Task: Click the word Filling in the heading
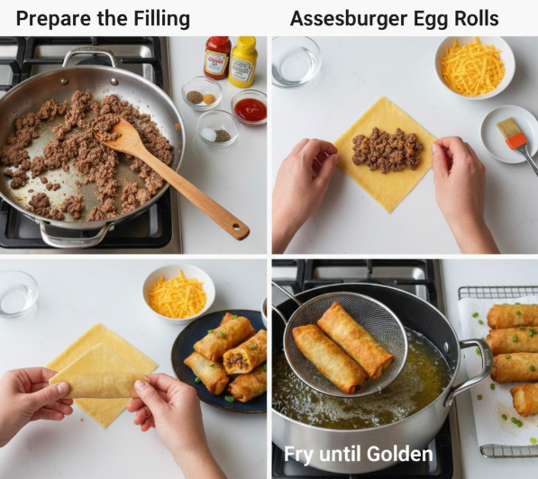(161, 19)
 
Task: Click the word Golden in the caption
(400, 454)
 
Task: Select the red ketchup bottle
(217, 58)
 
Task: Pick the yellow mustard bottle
(243, 61)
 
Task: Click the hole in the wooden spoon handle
(236, 227)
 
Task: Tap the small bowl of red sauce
(250, 108)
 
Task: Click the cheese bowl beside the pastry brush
(475, 67)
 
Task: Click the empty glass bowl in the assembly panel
(296, 62)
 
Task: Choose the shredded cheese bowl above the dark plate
(178, 294)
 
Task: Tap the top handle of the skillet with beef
(90, 56)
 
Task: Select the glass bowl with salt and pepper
(218, 129)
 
